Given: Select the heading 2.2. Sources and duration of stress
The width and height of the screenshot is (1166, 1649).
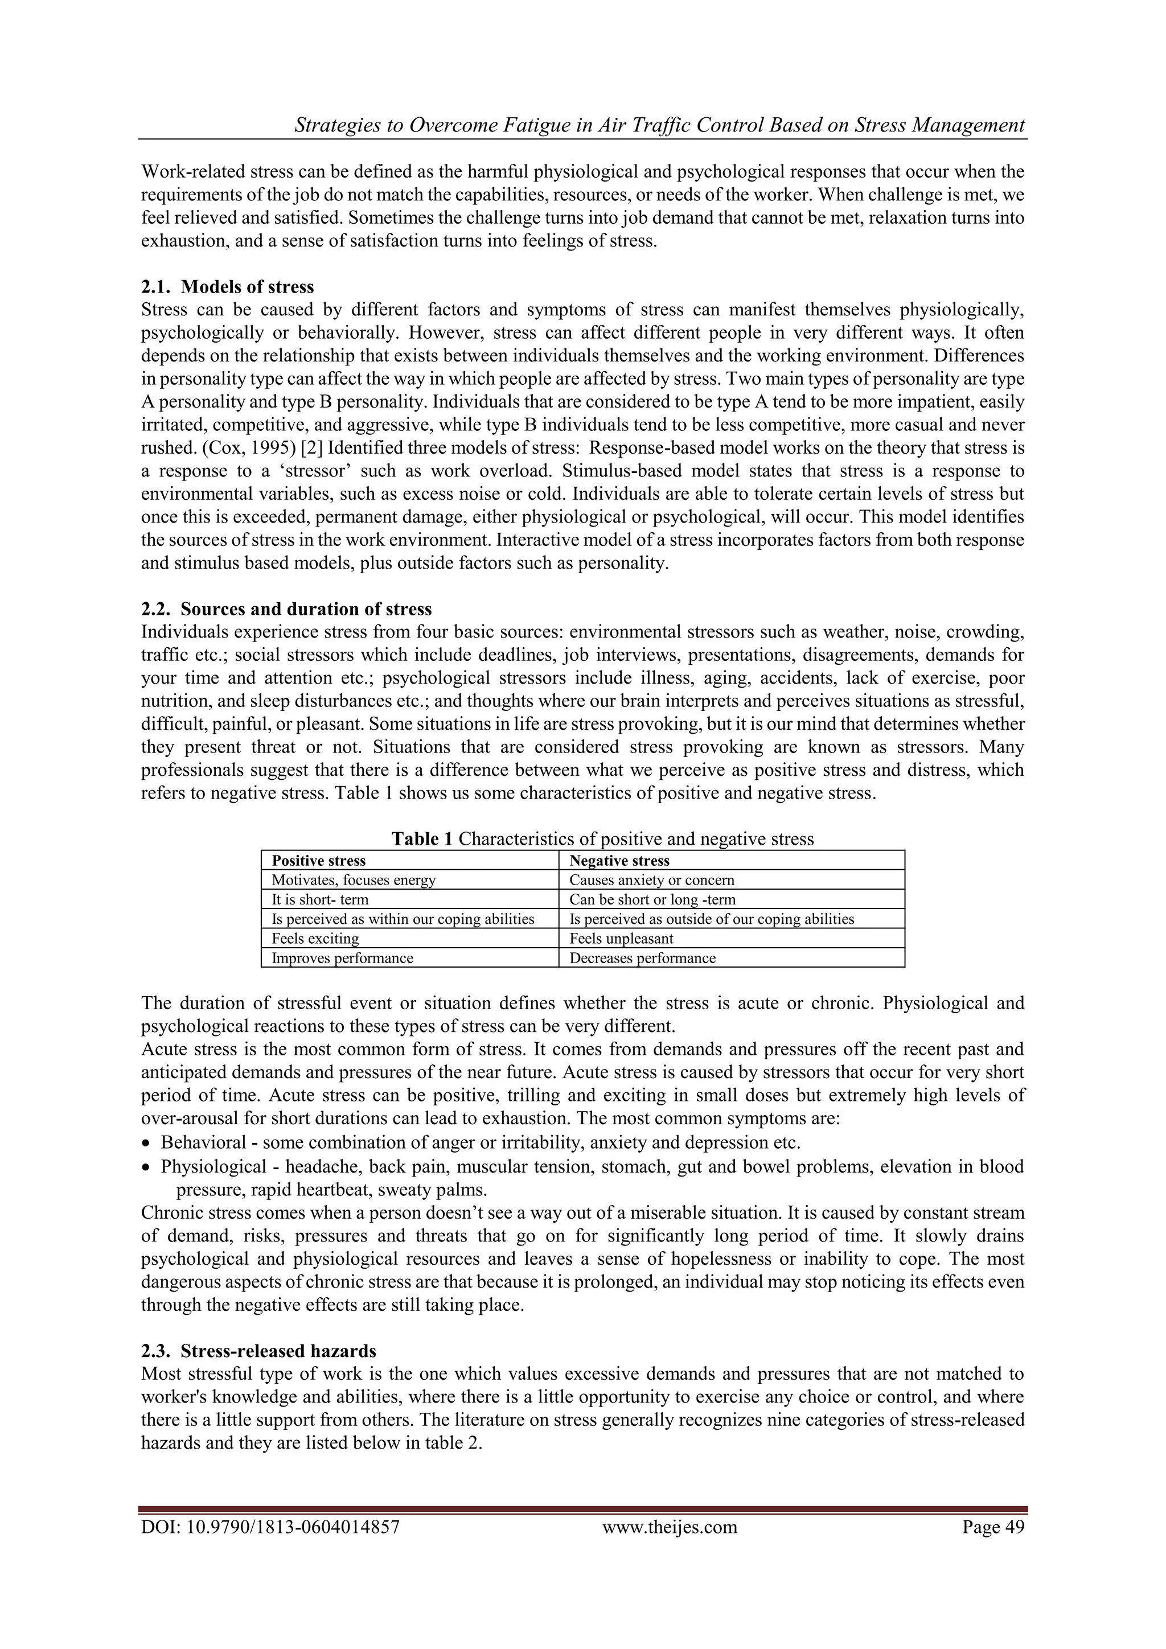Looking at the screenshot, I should click(286, 609).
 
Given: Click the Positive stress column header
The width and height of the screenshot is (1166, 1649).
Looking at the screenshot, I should click(318, 861).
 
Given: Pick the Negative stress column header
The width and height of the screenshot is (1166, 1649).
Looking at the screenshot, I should click(619, 861).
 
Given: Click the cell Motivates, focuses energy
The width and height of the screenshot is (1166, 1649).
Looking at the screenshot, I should click(354, 880).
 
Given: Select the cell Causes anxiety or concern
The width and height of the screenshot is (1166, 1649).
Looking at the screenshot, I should click(652, 880).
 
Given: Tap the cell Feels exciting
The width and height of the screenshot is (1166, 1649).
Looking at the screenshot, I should click(315, 938).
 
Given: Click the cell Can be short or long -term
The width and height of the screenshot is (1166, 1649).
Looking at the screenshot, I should click(652, 899).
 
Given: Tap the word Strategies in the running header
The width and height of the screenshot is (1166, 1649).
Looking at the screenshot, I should click(338, 125).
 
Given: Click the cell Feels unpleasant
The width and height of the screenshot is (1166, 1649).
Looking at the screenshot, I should click(622, 938).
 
